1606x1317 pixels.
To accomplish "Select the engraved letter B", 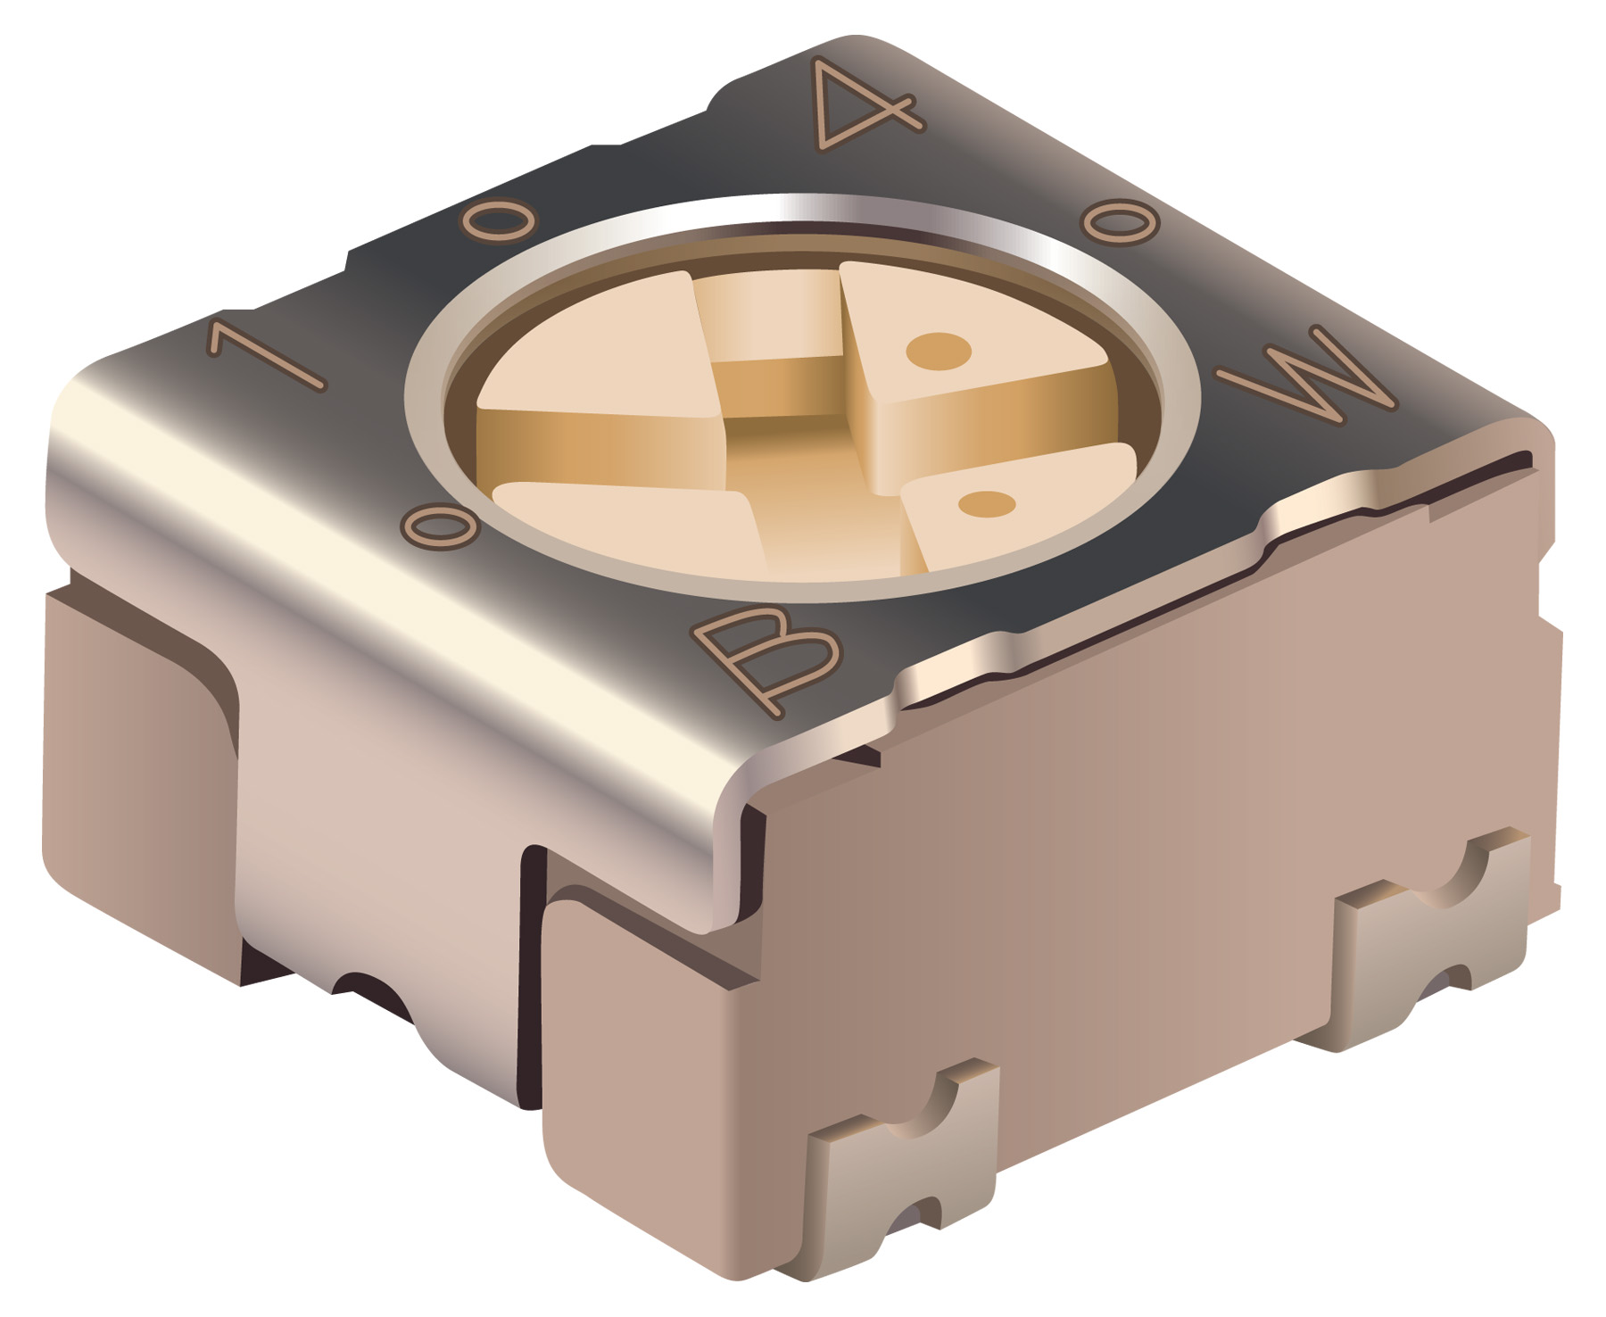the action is pos(767,658).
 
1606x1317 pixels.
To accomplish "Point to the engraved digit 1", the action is pos(266,355).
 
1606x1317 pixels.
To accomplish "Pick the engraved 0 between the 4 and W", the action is pos(1120,220).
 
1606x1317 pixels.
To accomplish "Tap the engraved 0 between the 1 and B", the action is pos(440,527).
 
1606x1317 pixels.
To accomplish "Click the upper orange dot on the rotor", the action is pos(938,351).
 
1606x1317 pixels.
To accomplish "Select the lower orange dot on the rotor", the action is pos(987,504).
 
